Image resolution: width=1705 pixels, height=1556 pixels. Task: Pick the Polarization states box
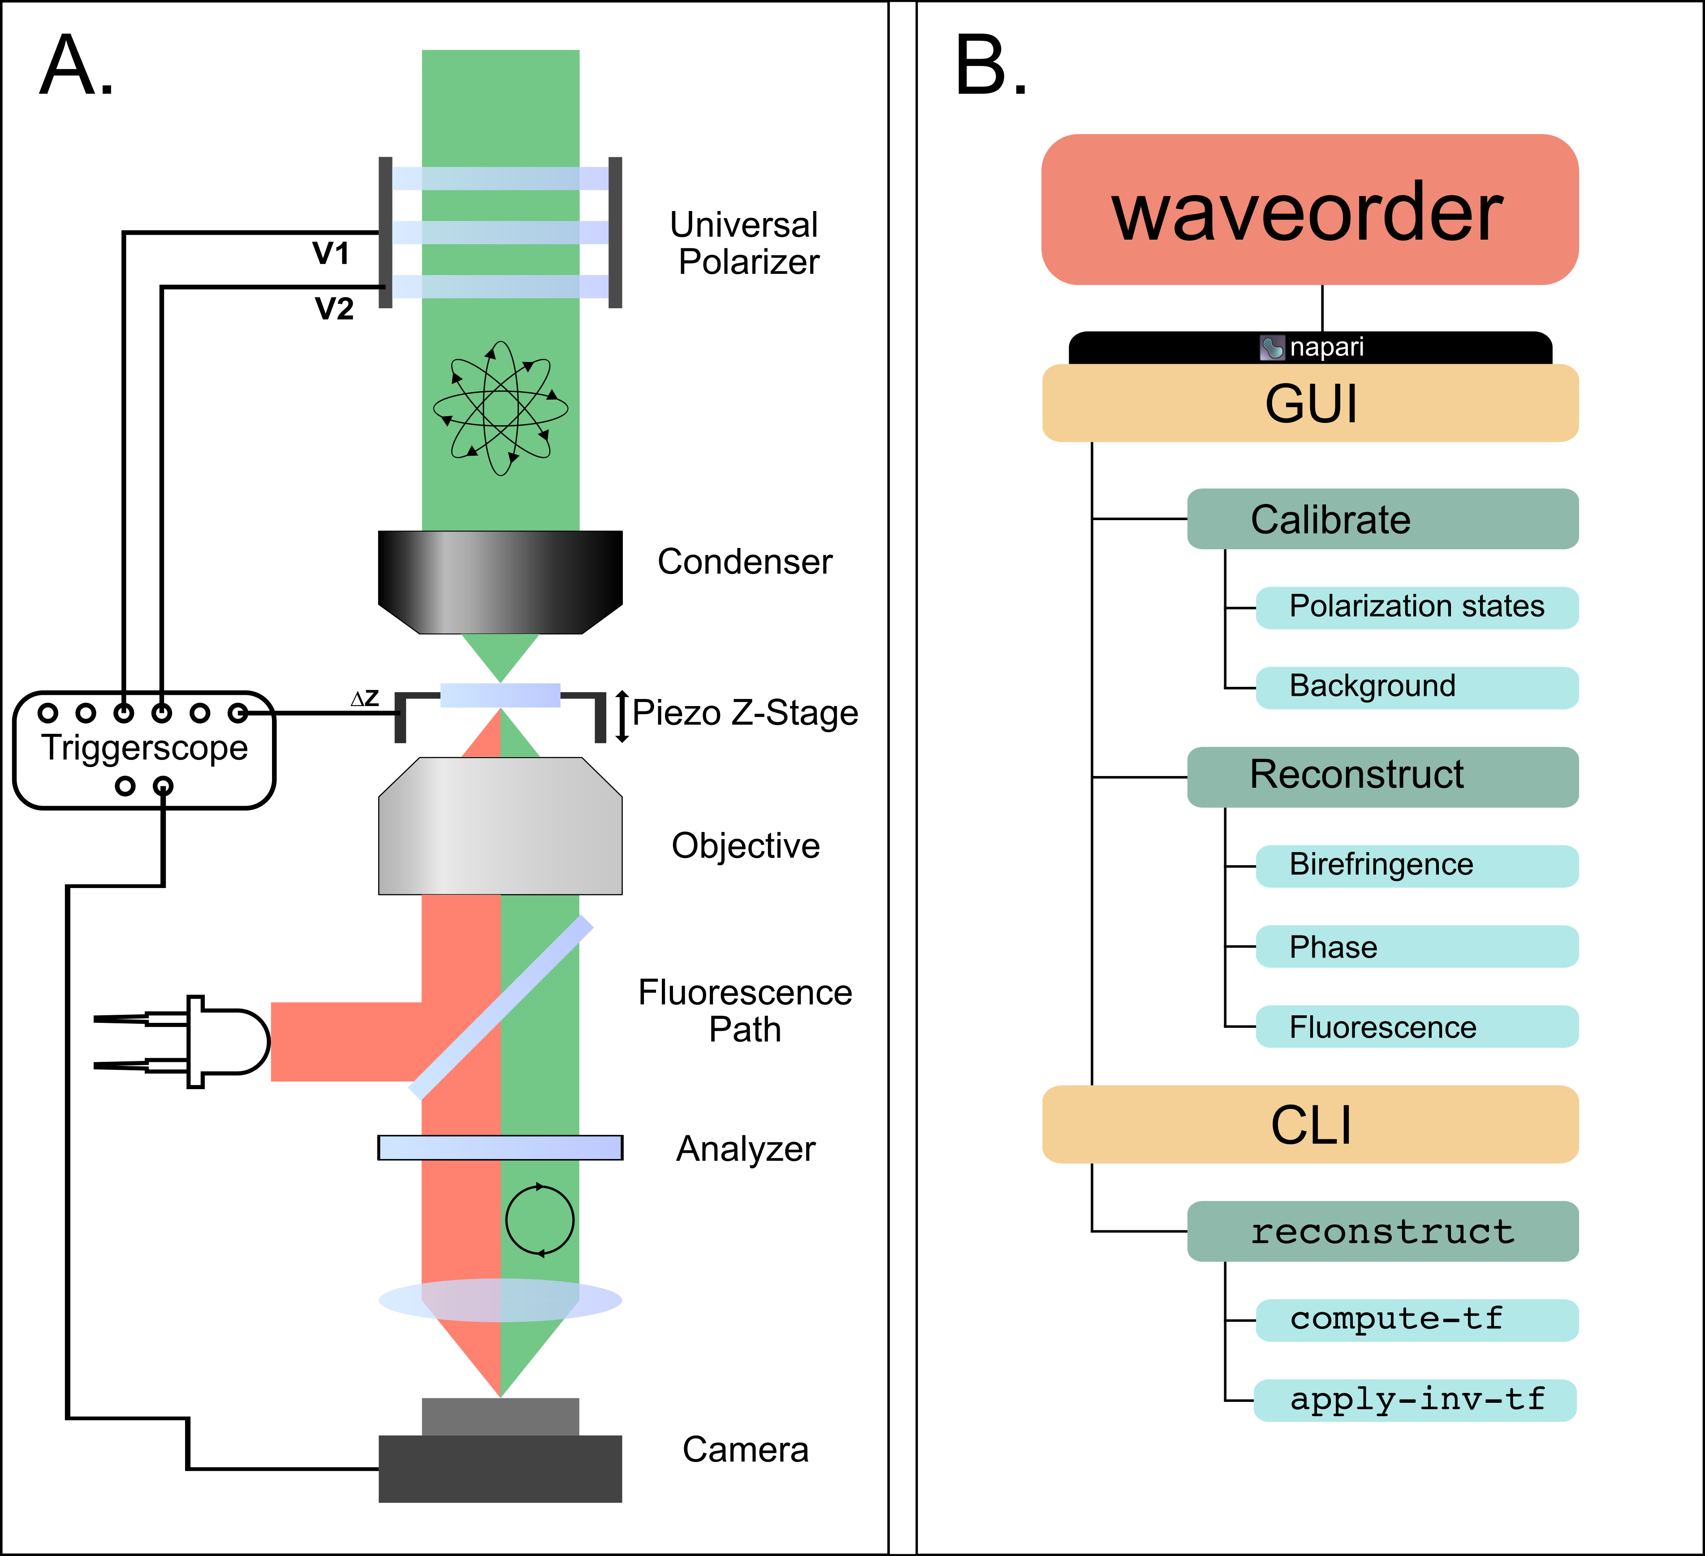click(x=1416, y=607)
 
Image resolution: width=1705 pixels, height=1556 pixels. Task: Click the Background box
click(x=1416, y=687)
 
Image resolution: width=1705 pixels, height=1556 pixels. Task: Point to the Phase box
click(x=1416, y=946)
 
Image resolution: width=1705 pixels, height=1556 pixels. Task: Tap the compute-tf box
click(x=1416, y=1320)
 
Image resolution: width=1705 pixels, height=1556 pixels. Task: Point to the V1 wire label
click(x=331, y=253)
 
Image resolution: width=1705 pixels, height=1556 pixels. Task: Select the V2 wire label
click(x=334, y=309)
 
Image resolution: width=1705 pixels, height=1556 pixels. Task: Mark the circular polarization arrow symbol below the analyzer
click(x=540, y=1220)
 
